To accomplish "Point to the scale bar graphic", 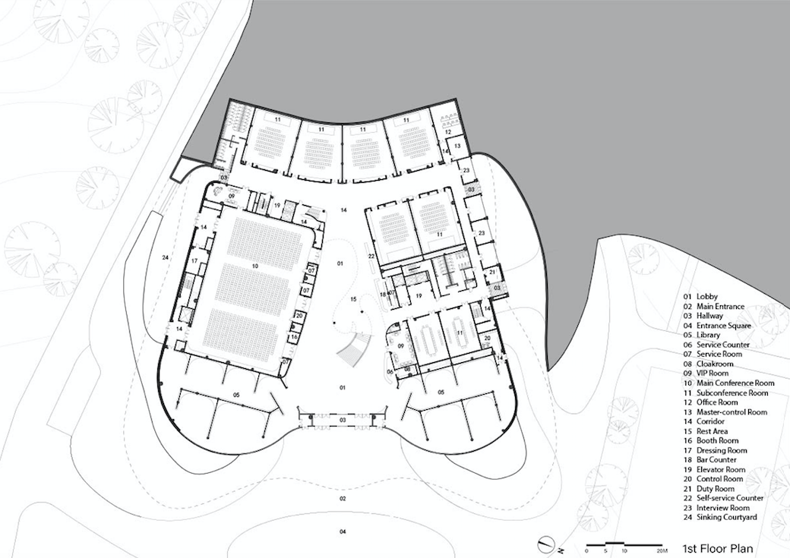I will (622, 544).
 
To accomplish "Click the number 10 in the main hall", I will (256, 266).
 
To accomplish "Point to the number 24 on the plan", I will (164, 258).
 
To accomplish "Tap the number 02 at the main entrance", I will (343, 499).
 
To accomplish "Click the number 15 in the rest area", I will (352, 300).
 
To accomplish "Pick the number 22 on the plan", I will (371, 257).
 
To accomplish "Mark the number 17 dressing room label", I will (194, 261).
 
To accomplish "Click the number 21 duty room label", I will (492, 271).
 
